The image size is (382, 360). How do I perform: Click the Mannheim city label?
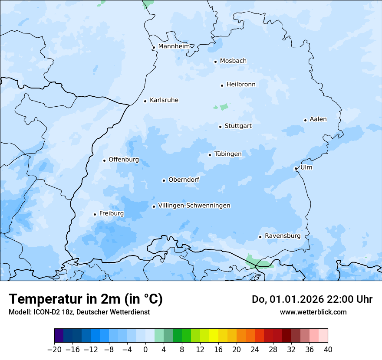[x=174, y=46]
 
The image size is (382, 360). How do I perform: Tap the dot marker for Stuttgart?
[x=220, y=127]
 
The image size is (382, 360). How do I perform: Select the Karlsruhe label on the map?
[x=164, y=100]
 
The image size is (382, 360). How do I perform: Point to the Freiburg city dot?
[x=95, y=214]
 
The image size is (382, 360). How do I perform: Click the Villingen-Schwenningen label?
[x=194, y=206]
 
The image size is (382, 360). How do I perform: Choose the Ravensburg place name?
[x=283, y=236]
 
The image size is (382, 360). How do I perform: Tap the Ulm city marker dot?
[x=296, y=168]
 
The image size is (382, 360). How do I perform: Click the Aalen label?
[x=318, y=119]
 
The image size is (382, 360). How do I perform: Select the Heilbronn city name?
[x=241, y=85]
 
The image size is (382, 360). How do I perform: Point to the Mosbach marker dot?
[x=215, y=62]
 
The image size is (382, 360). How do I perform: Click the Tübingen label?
[x=228, y=154]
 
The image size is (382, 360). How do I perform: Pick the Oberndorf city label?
[x=184, y=180]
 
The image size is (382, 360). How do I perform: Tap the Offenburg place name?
[x=124, y=160]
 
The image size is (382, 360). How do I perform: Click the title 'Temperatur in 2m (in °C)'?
[x=86, y=299]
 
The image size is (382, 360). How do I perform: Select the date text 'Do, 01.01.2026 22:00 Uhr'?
[x=312, y=299]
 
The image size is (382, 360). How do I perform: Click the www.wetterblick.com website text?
[x=313, y=312]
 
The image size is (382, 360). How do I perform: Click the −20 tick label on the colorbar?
[x=54, y=350]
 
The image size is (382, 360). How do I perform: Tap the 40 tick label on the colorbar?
[x=328, y=350]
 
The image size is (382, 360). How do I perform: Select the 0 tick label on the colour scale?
[x=145, y=350]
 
